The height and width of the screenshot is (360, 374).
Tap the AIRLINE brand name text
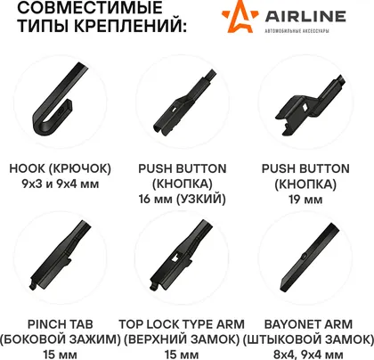[305, 16]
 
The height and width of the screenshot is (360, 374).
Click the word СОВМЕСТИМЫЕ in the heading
[90, 7]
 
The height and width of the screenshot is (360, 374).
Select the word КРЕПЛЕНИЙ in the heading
[130, 26]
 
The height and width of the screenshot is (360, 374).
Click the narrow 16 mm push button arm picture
[184, 102]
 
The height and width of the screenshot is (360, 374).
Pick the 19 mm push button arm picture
[310, 105]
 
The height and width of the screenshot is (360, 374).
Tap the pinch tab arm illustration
[60, 255]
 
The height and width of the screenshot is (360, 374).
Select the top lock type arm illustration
[182, 255]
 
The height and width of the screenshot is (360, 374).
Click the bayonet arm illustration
[309, 258]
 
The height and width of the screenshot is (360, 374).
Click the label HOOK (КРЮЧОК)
[60, 168]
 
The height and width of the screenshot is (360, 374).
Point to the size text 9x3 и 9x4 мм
[61, 184]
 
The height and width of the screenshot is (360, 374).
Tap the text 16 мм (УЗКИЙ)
[183, 199]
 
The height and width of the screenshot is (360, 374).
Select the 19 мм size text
[305, 200]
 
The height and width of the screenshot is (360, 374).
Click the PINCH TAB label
[61, 324]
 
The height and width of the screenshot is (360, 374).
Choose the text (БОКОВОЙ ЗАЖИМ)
[61, 340]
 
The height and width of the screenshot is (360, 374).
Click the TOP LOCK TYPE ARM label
[182, 324]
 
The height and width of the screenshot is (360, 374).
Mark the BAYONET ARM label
[308, 324]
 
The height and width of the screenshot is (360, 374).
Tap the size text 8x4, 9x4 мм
[308, 355]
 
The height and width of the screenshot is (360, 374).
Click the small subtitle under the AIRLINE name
[297, 31]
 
